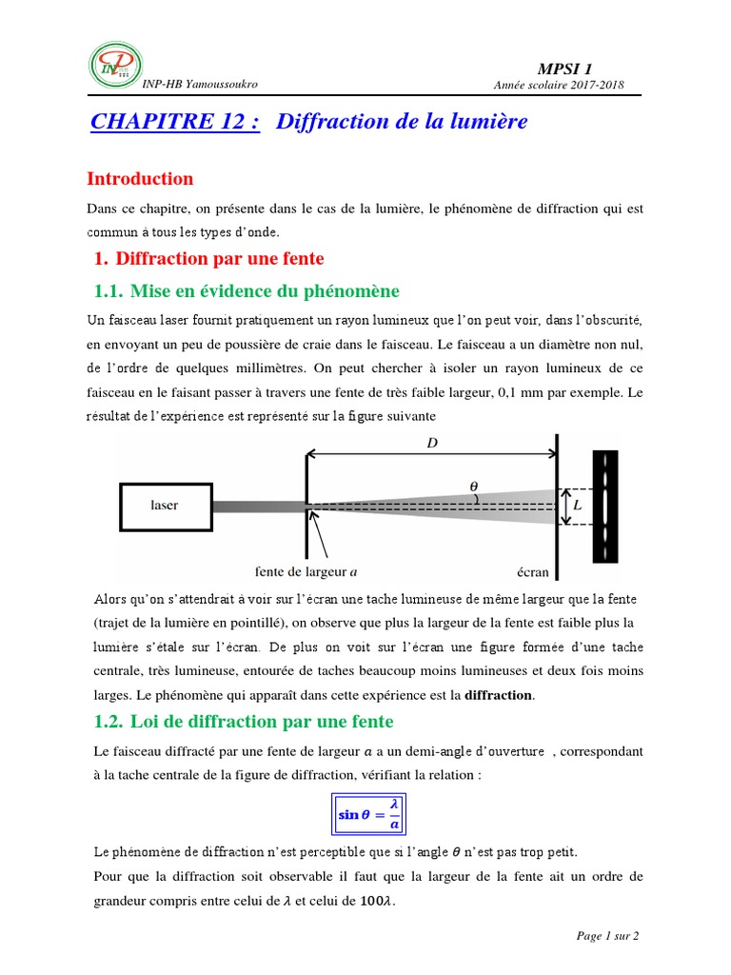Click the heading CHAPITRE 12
pyautogui.click(x=174, y=122)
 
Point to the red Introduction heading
pyautogui.click(x=140, y=178)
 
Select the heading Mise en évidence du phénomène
pyautogui.click(x=247, y=291)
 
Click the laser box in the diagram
pyautogui.click(x=165, y=505)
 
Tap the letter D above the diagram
pyautogui.click(x=431, y=443)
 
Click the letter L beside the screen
pyautogui.click(x=577, y=506)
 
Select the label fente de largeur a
pyautogui.click(x=306, y=572)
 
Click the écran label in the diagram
pyautogui.click(x=533, y=572)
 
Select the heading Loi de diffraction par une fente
pyautogui.click(x=244, y=721)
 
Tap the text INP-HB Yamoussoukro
pyautogui.click(x=199, y=84)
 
